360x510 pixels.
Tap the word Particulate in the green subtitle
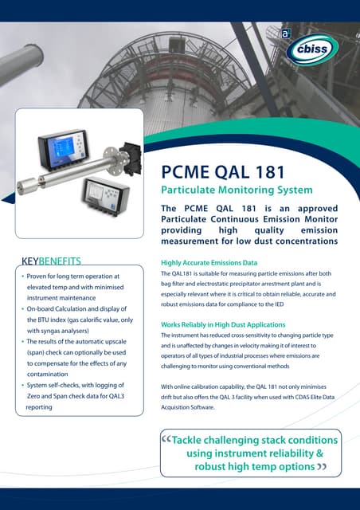(x=190, y=190)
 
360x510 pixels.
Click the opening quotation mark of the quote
(x=166, y=440)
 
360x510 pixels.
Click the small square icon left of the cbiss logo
(x=284, y=33)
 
